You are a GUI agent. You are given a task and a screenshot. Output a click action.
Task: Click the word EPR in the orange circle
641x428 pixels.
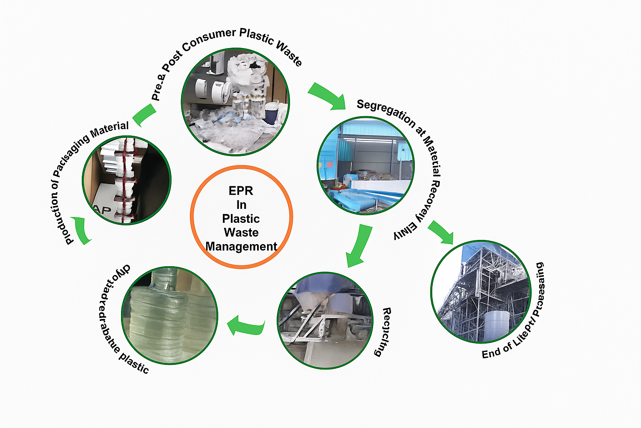[x=241, y=191]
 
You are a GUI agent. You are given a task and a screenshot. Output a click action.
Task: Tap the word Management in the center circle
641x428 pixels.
[x=241, y=247]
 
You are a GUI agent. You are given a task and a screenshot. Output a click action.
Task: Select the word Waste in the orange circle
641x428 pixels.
[x=241, y=232]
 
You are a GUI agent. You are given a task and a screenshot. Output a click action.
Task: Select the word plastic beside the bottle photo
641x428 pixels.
[x=134, y=362]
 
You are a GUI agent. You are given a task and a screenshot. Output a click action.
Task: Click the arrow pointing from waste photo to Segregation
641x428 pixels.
[x=328, y=96]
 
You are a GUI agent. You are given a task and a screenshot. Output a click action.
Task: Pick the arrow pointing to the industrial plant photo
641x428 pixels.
[x=441, y=232]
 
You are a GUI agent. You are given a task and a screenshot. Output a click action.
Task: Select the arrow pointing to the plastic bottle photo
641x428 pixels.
[x=246, y=326]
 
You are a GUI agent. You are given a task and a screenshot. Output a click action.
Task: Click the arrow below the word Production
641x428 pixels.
[x=82, y=230]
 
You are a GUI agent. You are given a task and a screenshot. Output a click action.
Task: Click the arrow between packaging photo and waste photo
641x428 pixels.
[x=144, y=115]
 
